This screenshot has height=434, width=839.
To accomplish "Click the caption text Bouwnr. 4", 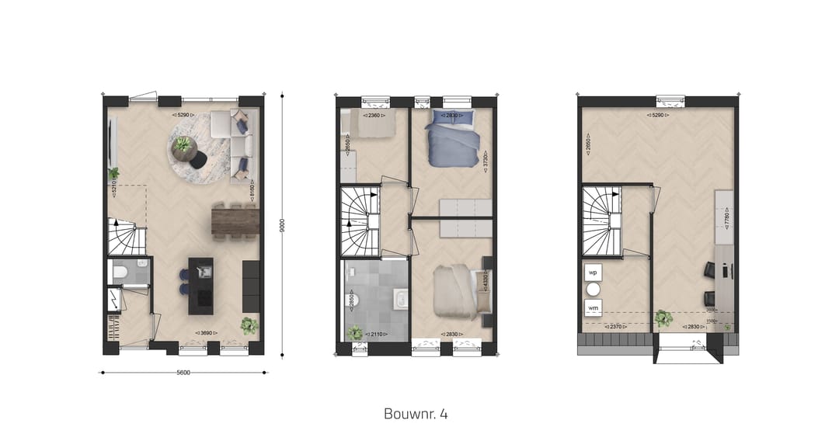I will point(415,413).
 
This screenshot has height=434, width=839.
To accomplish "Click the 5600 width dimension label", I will point(183,372).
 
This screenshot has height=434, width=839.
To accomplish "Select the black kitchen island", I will point(200,285).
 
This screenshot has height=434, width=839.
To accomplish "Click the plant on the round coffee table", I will point(184,144).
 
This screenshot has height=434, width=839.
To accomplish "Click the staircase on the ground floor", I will point(124,237).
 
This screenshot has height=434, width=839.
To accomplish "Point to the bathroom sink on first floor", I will point(401,299).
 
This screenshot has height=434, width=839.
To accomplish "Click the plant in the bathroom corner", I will point(356,332).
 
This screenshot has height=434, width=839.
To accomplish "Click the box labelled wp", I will point(593,273).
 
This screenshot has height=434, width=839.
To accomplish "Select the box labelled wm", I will point(593,308).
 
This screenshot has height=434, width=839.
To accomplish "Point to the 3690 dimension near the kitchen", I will point(205,334).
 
